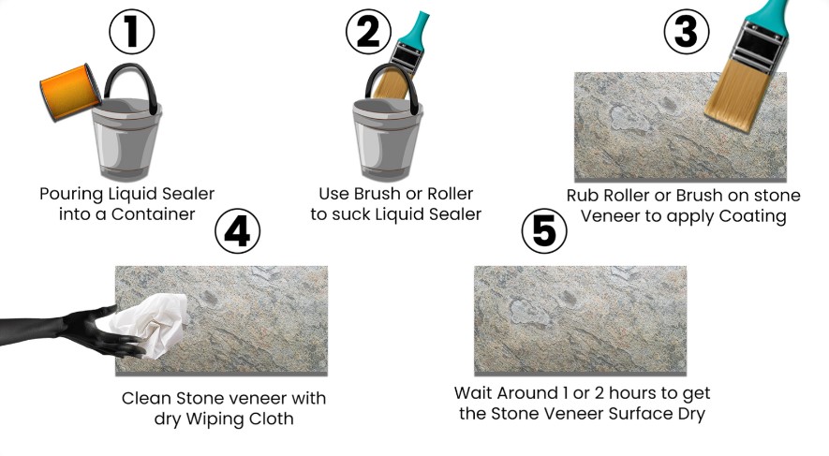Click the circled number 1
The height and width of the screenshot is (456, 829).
point(132,32)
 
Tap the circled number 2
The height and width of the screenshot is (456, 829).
point(368,32)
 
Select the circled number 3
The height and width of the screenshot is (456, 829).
point(687,32)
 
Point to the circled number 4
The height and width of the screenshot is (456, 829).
point(237,231)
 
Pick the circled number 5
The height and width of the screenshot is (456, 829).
point(544,231)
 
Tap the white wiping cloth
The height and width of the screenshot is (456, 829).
point(151,325)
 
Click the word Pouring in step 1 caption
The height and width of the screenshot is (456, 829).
point(72,194)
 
